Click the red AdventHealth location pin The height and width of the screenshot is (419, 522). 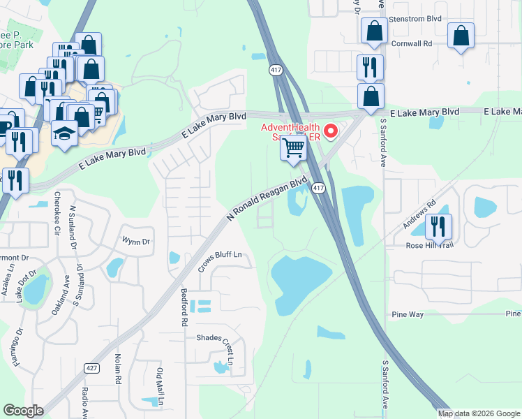click(x=331, y=131)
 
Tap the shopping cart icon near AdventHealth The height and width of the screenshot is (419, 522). click(x=294, y=148)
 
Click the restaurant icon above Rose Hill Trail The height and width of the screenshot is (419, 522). click(x=438, y=226)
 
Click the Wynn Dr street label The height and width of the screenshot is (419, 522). click(x=137, y=242)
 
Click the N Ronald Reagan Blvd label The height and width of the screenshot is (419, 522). click(x=267, y=200)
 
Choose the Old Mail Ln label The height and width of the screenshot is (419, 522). click(x=160, y=387)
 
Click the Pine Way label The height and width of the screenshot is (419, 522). click(x=408, y=315)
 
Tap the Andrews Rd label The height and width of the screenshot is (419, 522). click(x=419, y=215)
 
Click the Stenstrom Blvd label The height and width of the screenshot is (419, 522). click(x=415, y=19)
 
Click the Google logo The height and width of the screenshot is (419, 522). click(x=23, y=411)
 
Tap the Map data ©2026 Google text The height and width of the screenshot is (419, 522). click(x=479, y=413)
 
